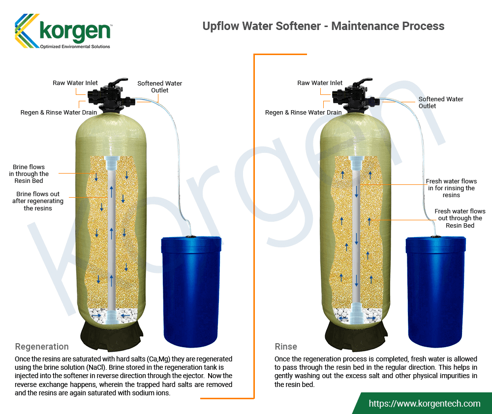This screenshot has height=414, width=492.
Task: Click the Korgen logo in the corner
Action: (63, 31)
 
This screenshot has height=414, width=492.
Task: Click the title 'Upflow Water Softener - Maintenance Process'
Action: (323, 26)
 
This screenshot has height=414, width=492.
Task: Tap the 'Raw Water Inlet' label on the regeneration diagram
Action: (75, 83)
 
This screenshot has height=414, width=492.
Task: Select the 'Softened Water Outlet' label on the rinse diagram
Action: (440, 103)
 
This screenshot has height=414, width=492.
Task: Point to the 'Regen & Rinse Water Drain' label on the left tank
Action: (59, 112)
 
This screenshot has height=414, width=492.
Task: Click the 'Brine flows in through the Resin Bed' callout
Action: (29, 174)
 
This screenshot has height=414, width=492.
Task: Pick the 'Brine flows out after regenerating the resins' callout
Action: (38, 201)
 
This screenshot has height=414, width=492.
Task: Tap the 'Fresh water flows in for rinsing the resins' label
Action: (451, 188)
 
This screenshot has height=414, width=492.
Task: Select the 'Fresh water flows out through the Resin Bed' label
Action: (460, 218)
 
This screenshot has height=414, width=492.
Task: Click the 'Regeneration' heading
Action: (42, 347)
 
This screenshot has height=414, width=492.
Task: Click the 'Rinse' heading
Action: (285, 347)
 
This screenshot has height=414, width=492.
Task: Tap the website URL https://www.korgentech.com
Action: (424, 403)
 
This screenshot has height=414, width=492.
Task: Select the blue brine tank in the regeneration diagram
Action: (191, 292)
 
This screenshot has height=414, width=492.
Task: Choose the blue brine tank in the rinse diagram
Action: (435, 292)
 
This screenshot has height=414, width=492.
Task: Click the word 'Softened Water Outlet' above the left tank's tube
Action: (160, 87)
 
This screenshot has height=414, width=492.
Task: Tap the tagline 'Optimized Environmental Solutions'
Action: (75, 46)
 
